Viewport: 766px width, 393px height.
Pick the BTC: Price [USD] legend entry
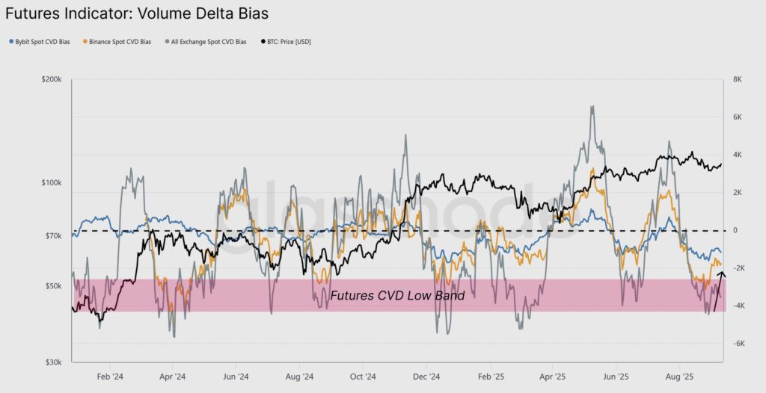288,42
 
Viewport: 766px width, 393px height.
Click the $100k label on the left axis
52,183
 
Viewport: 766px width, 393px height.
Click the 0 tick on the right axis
735,230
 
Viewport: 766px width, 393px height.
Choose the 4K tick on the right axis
737,155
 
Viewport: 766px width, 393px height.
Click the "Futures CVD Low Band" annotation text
397,296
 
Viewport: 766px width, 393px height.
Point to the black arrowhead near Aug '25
721,276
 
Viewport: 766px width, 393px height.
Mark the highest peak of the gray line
592,106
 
